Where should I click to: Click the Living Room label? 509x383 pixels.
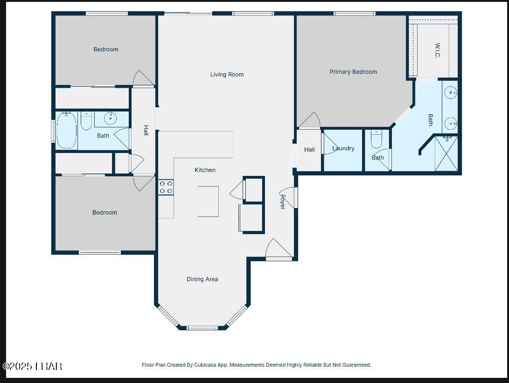pyautogui.click(x=227, y=74)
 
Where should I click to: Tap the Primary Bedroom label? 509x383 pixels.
pyautogui.click(x=353, y=72)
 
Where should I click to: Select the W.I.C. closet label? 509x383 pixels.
pyautogui.click(x=438, y=51)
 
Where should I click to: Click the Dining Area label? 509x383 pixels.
pyautogui.click(x=202, y=279)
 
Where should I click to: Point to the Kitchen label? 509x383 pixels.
pyautogui.click(x=205, y=170)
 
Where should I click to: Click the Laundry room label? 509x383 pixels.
pyautogui.click(x=343, y=148)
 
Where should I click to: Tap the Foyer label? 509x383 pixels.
pyautogui.click(x=282, y=202)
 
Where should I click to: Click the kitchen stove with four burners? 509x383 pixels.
pyautogui.click(x=166, y=188)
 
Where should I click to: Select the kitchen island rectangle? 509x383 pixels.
pyautogui.click(x=208, y=202)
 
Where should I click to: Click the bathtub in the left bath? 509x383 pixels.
pyautogui.click(x=67, y=130)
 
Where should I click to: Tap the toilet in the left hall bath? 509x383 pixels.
pyautogui.click(x=86, y=121)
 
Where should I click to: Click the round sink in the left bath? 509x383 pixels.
pyautogui.click(x=111, y=118)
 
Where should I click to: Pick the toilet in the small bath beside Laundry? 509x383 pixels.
pyautogui.click(x=377, y=139)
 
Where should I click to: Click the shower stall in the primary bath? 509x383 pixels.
pyautogui.click(x=446, y=153)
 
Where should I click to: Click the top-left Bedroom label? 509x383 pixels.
pyautogui.click(x=105, y=49)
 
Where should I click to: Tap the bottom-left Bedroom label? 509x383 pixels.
pyautogui.click(x=105, y=213)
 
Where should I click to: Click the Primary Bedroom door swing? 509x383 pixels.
pyautogui.click(x=309, y=120)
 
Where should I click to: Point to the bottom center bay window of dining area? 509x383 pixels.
pyautogui.click(x=202, y=327)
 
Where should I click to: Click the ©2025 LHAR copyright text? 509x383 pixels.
pyautogui.click(x=33, y=366)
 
